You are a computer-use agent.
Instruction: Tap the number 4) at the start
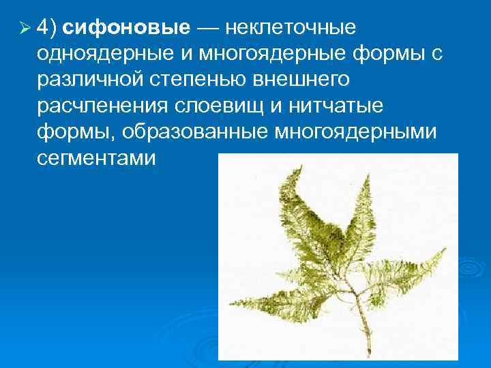pyautogui.click(x=47, y=29)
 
